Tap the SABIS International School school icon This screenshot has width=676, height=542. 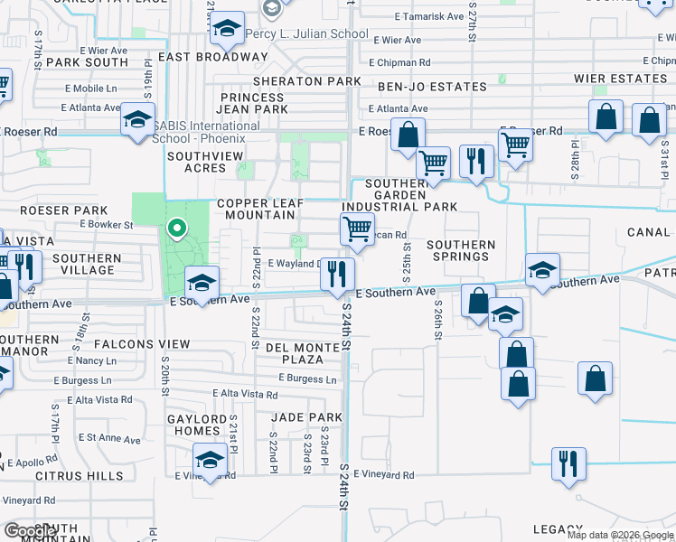coord(137,122)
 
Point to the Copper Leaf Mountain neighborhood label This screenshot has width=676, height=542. coord(255,209)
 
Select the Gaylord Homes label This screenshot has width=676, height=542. coord(196,425)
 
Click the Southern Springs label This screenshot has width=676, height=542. coord(461,250)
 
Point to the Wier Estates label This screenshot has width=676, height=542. coord(620,79)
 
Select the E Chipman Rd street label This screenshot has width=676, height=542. coord(399,63)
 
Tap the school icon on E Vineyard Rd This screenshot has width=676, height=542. coord(210,462)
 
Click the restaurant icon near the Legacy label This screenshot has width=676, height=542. coord(568,463)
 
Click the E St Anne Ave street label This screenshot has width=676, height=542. coord(109,439)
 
